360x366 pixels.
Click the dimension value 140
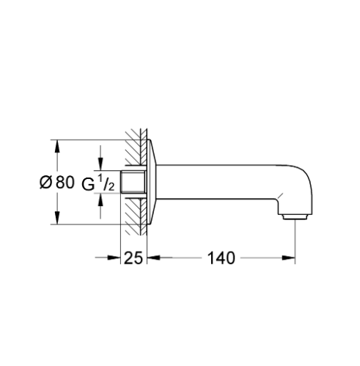point(221,258)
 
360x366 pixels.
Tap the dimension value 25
point(133,258)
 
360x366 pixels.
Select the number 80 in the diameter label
point(65,182)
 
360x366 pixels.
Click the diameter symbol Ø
point(45,182)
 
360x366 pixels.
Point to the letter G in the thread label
point(88,185)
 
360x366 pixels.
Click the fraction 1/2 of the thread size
point(106,182)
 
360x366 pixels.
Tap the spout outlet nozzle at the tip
point(295,217)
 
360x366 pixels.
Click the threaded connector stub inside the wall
point(133,181)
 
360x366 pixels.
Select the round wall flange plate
point(152,182)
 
